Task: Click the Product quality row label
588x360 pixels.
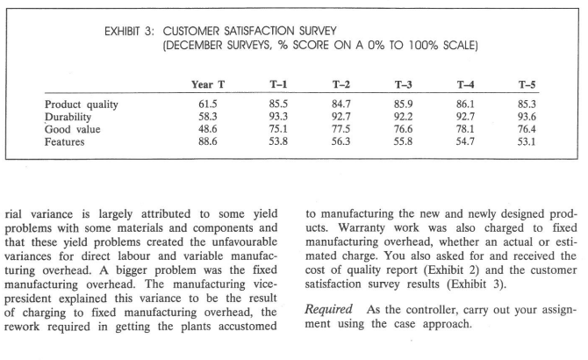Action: pyautogui.click(x=81, y=104)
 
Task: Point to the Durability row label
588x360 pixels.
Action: pyautogui.click(x=69, y=116)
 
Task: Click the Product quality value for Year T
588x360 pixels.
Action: pyautogui.click(x=207, y=104)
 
